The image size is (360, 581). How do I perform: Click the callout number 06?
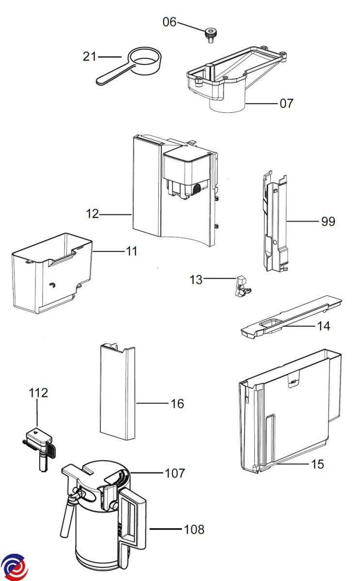pyautogui.click(x=170, y=22)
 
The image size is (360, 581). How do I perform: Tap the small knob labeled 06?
pyautogui.click(x=209, y=34)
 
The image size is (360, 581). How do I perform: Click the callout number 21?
pyautogui.click(x=90, y=57)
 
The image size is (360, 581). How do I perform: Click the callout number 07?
pyautogui.click(x=286, y=103)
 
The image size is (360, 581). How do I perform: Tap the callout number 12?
pyautogui.click(x=93, y=214)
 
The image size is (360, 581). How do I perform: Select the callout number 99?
pyautogui.click(x=328, y=222)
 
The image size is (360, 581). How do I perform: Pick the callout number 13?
pyautogui.click(x=196, y=279)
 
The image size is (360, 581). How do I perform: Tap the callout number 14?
pyautogui.click(x=323, y=326)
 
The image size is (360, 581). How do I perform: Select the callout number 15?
pyautogui.click(x=317, y=464)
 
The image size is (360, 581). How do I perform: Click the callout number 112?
pyautogui.click(x=38, y=392)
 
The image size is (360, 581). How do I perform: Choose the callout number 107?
pyautogui.click(x=175, y=473)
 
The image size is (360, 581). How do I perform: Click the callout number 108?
pyautogui.click(x=194, y=529)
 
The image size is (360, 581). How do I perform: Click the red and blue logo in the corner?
pyautogui.click(x=15, y=566)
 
